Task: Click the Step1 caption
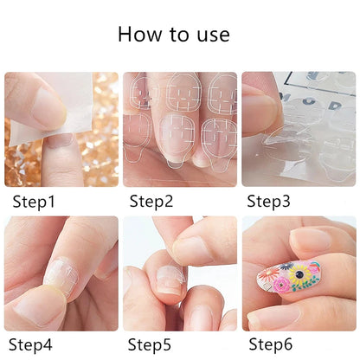[34, 202]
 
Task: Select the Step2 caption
[152, 202]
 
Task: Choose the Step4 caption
[34, 345]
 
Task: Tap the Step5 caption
[152, 345]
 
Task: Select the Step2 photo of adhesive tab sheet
[179, 129]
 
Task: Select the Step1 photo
[61, 129]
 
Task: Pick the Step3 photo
[298, 129]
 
